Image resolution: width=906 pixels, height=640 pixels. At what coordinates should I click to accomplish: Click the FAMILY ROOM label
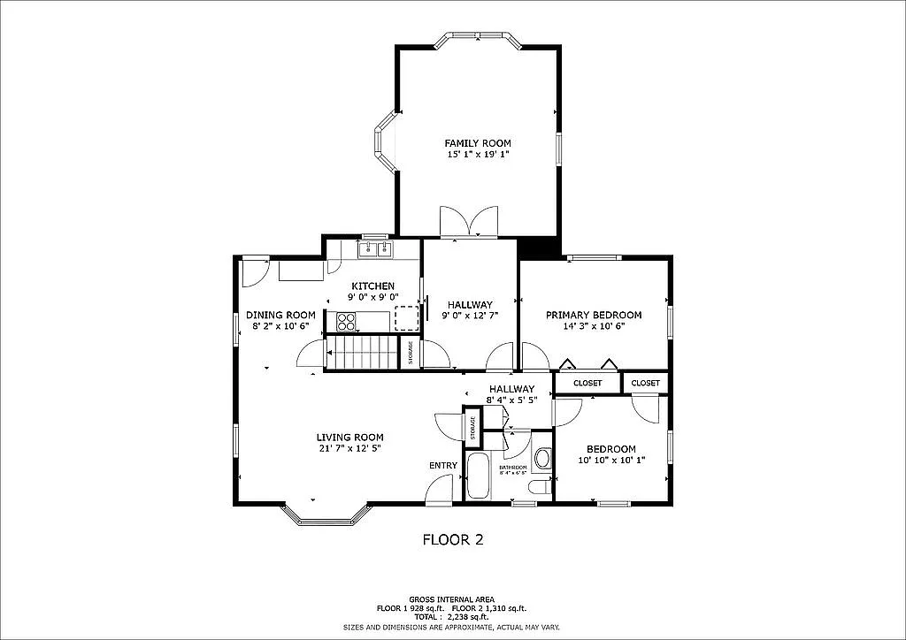point(477,143)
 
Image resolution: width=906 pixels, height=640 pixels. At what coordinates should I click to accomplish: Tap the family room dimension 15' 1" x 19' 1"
point(477,155)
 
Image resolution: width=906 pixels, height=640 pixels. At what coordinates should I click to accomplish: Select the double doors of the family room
point(470,221)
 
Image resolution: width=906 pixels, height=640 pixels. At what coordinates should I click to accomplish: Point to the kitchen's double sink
point(376,250)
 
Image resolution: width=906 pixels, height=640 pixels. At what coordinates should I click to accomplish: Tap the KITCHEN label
point(372,286)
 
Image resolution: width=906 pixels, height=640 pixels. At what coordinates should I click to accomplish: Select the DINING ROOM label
point(280,315)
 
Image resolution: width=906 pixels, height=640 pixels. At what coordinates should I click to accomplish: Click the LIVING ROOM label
point(349,437)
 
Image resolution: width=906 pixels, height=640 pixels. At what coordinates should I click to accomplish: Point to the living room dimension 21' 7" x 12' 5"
point(349,449)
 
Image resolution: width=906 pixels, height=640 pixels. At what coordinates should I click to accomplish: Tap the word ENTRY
point(443,466)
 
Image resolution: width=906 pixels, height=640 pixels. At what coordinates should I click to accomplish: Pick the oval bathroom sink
point(542,458)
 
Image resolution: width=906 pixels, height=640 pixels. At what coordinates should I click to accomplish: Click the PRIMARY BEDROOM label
point(593,315)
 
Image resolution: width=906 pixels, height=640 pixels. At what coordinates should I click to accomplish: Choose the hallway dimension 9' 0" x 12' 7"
point(469,316)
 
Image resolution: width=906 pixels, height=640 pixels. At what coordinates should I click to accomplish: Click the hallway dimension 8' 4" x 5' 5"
point(511,400)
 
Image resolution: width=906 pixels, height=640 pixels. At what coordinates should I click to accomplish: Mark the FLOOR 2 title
point(452,538)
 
